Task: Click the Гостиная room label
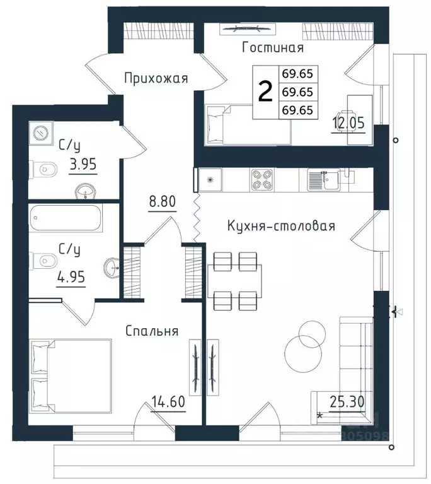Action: click(273, 47)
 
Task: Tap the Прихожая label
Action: click(156, 78)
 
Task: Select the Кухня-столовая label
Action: click(281, 226)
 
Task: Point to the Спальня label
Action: click(152, 331)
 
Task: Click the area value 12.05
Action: click(348, 123)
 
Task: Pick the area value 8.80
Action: click(163, 201)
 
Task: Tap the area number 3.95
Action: click(83, 164)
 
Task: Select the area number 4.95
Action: click(71, 277)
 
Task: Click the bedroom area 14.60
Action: click(168, 401)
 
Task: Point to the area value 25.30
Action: click(347, 402)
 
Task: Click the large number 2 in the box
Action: click(265, 91)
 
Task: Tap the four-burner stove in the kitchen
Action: click(261, 180)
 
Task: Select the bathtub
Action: click(66, 218)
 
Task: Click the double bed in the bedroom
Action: click(71, 376)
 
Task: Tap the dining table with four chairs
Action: click(235, 281)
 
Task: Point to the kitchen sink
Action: click(324, 180)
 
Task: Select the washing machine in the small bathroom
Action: click(41, 133)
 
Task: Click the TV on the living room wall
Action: click(248, 28)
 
